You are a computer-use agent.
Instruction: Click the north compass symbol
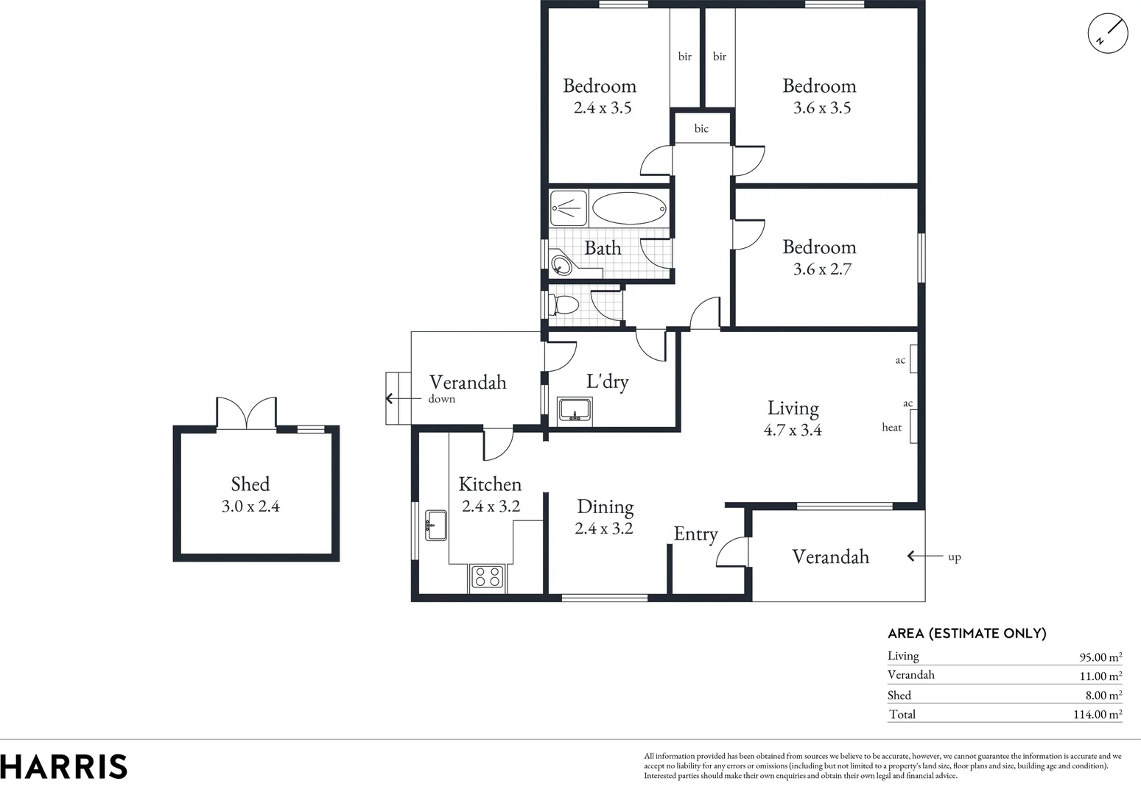tap(1108, 34)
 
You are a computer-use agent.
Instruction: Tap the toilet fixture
tap(564, 304)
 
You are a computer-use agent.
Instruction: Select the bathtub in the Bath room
tap(629, 208)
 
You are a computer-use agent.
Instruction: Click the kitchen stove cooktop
tap(487, 576)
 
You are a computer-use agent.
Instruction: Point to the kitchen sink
tap(435, 525)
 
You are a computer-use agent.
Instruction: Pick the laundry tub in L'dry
tap(575, 409)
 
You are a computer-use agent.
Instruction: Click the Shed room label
tap(250, 484)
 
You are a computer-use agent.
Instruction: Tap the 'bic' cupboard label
tap(701, 129)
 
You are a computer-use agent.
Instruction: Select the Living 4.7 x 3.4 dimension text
tap(793, 430)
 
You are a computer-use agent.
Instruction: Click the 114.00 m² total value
tap(1098, 714)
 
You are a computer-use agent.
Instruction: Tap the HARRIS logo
tap(64, 766)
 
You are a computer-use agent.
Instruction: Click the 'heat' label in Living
tap(891, 427)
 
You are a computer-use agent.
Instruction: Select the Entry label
tap(695, 534)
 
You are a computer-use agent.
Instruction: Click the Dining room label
tap(605, 506)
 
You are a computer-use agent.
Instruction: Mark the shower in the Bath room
tap(569, 208)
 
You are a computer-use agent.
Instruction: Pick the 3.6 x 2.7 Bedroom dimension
tap(822, 269)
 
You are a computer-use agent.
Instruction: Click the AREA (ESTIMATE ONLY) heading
tap(966, 633)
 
